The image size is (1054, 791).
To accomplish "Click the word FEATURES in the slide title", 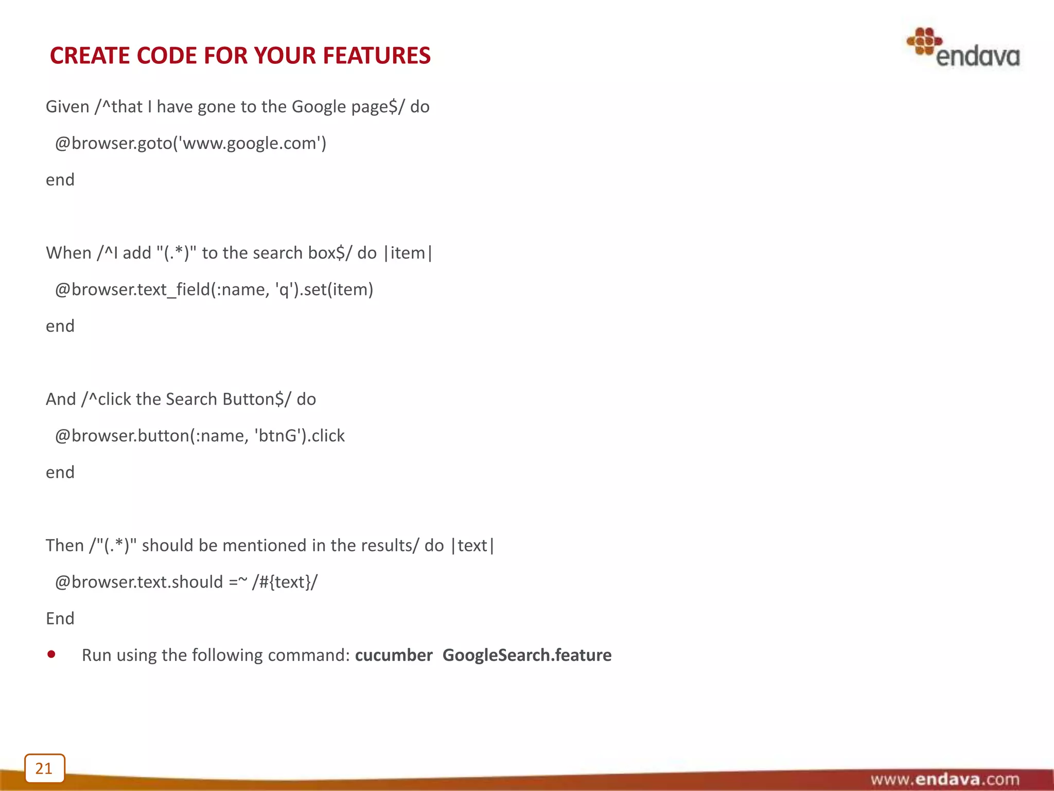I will (376, 56).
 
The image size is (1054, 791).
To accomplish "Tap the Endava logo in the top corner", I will (963, 48).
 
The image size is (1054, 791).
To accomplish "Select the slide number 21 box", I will (44, 768).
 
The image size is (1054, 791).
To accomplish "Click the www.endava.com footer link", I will (944, 779).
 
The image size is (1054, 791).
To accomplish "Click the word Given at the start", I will (67, 107).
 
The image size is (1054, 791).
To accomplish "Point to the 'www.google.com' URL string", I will (249, 143).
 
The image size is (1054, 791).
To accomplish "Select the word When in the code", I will (68, 253).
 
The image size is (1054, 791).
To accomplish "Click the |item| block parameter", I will (408, 253).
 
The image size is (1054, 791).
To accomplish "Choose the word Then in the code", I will (64, 545).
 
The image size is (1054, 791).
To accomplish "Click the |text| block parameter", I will (472, 545).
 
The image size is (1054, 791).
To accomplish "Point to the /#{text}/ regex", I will (285, 582).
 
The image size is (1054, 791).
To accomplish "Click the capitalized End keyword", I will (60, 618).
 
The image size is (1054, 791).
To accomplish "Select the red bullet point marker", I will (51, 655).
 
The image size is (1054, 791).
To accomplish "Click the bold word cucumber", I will (394, 655).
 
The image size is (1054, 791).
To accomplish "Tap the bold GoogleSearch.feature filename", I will (527, 655).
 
